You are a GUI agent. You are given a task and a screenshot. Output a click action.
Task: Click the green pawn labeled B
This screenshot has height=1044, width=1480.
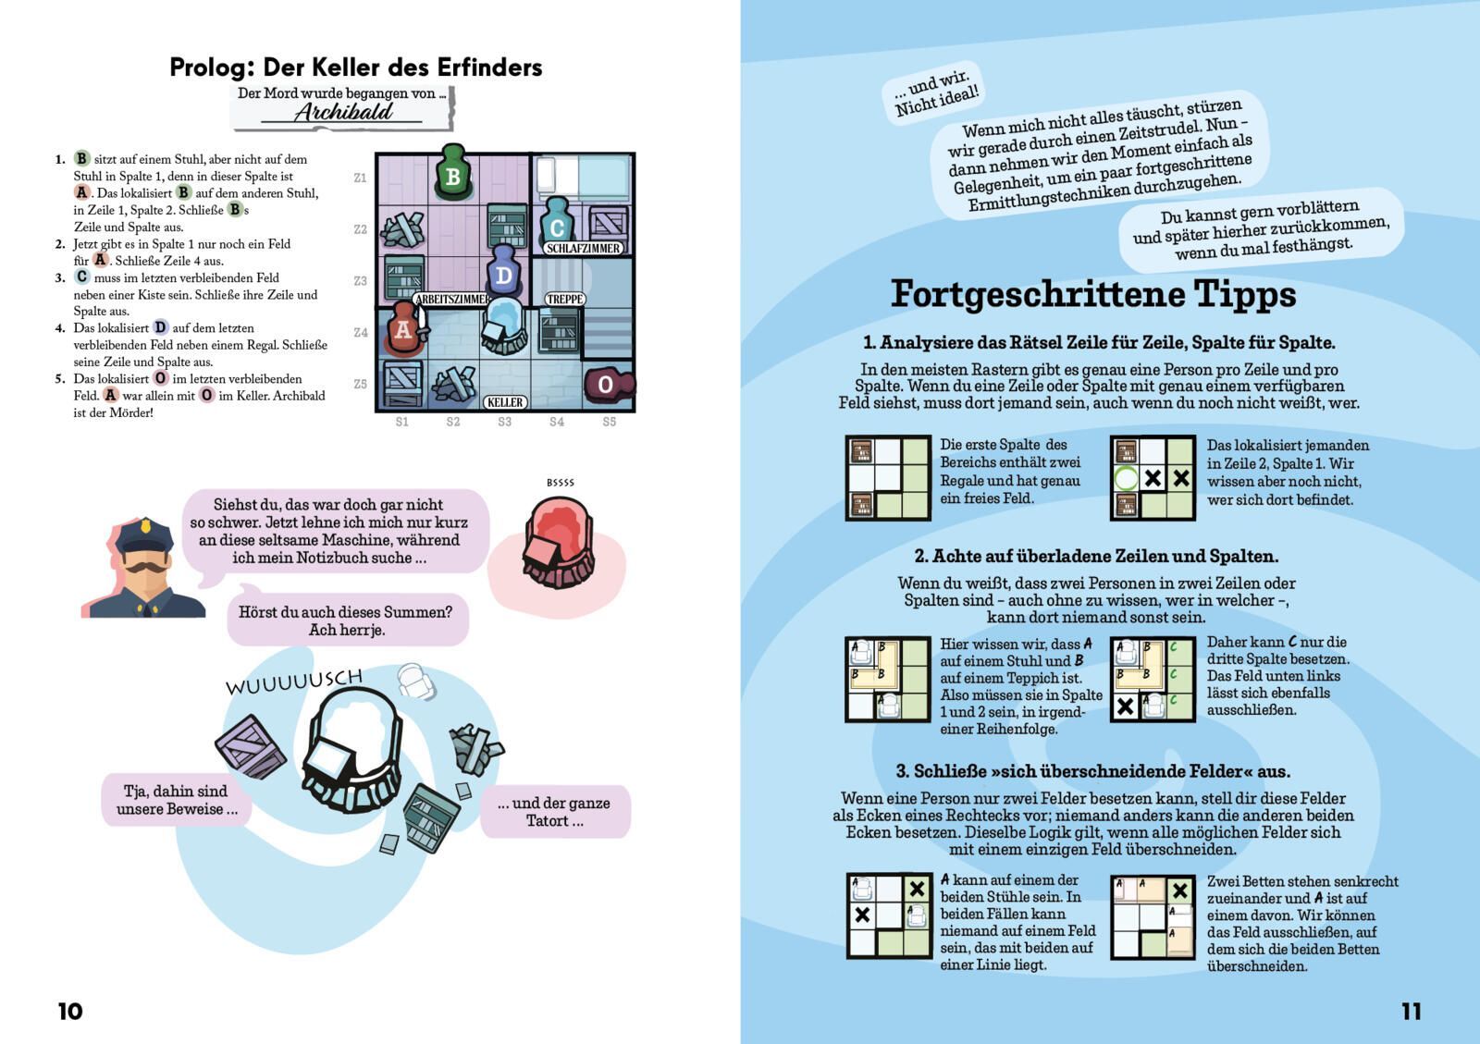tap(452, 173)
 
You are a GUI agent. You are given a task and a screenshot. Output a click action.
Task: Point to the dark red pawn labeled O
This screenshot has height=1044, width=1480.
tap(608, 384)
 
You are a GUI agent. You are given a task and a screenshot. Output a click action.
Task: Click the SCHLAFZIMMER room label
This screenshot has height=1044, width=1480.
tap(583, 249)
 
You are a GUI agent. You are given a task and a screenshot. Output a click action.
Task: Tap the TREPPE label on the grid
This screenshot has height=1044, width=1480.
tap(564, 299)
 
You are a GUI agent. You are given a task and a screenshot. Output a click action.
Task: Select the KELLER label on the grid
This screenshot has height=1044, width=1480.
tap(505, 402)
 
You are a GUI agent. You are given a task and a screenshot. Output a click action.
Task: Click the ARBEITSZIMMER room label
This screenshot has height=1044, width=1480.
tap(452, 299)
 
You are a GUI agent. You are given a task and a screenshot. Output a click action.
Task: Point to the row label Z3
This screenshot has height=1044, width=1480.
tap(360, 280)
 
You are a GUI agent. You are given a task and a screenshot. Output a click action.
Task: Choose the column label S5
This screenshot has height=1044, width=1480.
tap(610, 422)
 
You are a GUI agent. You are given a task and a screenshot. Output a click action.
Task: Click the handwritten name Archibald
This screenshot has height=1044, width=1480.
tap(343, 112)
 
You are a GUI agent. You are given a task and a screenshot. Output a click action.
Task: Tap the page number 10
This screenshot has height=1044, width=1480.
tap(70, 1011)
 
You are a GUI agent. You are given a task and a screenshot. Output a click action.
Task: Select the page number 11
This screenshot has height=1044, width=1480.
tap(1411, 1011)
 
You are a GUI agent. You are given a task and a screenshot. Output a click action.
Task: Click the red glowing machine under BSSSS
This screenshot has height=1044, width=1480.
tap(559, 543)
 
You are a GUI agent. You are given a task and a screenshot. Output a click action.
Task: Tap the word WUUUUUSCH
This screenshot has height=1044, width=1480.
tap(295, 681)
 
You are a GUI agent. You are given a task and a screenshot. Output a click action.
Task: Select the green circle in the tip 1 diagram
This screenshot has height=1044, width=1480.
tap(1127, 478)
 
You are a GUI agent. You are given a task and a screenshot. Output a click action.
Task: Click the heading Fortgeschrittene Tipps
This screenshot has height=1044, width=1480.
tap(1093, 294)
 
